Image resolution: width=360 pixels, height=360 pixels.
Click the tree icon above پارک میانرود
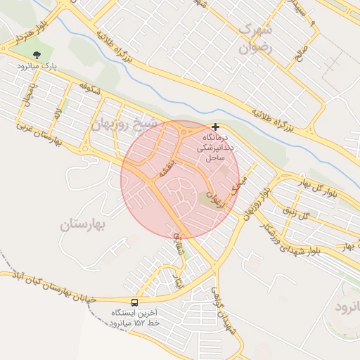point(37,54)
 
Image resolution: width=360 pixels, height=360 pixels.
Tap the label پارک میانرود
point(37,66)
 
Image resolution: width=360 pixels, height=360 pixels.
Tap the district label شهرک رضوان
point(255,39)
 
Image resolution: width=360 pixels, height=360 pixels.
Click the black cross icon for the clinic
point(215,127)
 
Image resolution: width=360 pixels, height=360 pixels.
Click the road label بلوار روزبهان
point(257,204)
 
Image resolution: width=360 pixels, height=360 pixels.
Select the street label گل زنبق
point(297,212)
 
